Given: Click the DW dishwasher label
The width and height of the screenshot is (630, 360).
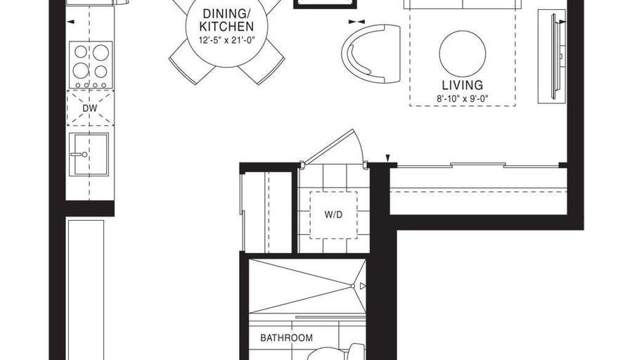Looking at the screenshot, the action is pos(89,108).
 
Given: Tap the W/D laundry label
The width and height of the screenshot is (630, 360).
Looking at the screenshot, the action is pos(333,214).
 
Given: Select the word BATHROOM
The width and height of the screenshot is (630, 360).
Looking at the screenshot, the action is pos(286,337).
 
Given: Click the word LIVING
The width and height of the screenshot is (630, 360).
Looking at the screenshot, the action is pos(462,85).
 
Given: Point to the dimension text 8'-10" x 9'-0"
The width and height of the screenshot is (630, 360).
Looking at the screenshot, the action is pos(462,98).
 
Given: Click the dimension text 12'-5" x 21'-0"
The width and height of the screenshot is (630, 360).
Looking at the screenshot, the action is pos(227,40).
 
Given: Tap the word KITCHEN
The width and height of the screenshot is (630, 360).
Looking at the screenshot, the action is pos(226,27).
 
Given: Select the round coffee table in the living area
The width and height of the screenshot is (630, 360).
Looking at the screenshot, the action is pos(462,53).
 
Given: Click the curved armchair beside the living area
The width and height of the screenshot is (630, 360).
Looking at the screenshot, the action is pos(371,53).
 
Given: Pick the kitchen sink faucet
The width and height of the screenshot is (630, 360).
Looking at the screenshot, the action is pos(79,154).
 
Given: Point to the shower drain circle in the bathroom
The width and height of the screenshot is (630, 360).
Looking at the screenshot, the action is pos(353,286).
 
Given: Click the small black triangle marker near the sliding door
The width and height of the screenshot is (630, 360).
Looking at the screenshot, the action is pos(388,158).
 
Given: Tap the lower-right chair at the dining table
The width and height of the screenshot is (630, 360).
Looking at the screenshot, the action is pos(262,63).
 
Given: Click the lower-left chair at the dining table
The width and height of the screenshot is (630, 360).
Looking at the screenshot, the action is pos(192,63).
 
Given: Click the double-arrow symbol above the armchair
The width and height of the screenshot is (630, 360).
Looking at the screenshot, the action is pos(356,22).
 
